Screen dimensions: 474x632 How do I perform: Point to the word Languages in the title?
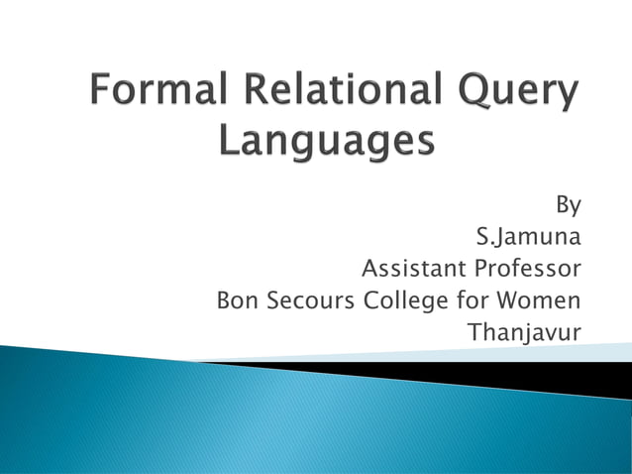(326, 140)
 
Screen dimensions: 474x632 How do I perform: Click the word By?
(568, 205)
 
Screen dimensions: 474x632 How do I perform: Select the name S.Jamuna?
(528, 238)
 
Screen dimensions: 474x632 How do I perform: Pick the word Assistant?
(414, 269)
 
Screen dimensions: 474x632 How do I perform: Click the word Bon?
(236, 299)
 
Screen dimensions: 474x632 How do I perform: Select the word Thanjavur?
(524, 331)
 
